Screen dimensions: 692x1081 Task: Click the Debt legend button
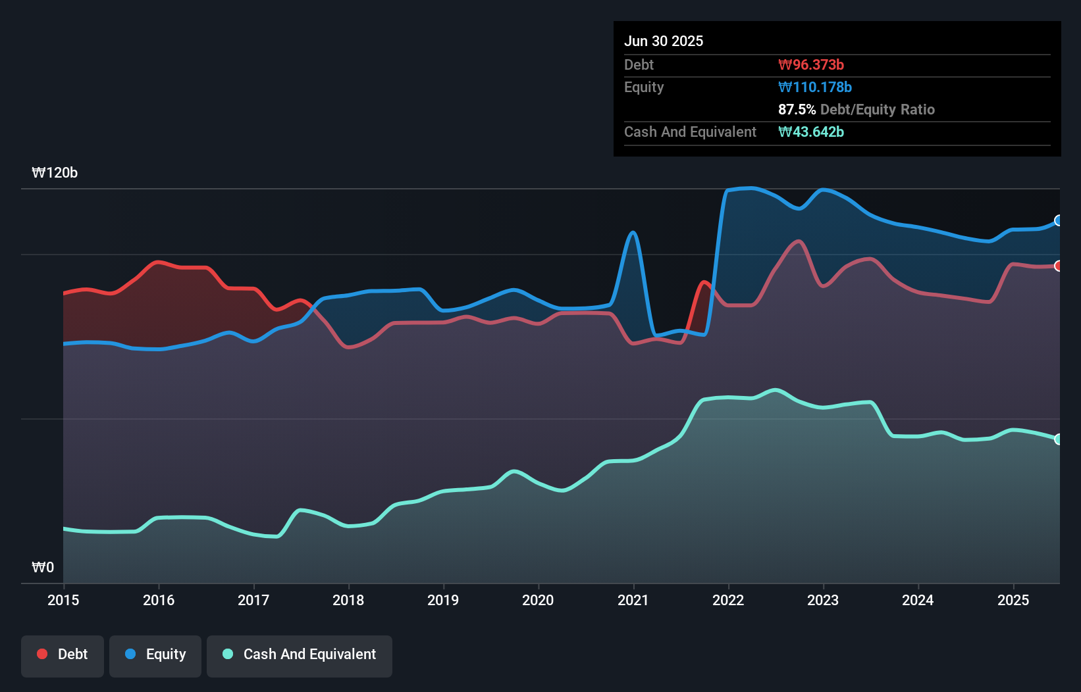coord(63,655)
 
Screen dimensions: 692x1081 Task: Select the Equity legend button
coord(155,655)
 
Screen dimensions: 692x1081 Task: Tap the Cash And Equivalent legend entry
coord(300,655)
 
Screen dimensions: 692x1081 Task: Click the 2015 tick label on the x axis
coord(63,600)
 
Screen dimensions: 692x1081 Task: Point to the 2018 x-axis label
coord(348,600)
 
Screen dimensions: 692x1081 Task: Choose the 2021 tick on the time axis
coord(633,600)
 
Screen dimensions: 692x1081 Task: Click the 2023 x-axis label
coord(823,600)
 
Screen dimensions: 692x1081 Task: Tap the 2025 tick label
coord(1013,600)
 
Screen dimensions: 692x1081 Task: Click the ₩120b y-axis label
coord(55,173)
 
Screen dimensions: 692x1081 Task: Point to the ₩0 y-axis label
coord(43,567)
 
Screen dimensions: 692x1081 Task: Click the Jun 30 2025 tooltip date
coord(664,41)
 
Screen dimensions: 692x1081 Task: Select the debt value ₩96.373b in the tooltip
coord(811,65)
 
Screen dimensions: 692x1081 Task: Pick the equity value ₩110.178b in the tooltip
coord(815,87)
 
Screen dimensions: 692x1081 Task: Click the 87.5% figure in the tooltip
coord(797,110)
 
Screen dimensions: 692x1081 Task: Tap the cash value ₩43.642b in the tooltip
coord(811,132)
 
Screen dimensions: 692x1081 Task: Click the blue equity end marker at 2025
coord(1059,220)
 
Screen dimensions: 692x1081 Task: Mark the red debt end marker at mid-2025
coord(1059,266)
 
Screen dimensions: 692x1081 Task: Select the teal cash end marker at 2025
coord(1059,439)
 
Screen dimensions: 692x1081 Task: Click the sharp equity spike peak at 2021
coord(633,232)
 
